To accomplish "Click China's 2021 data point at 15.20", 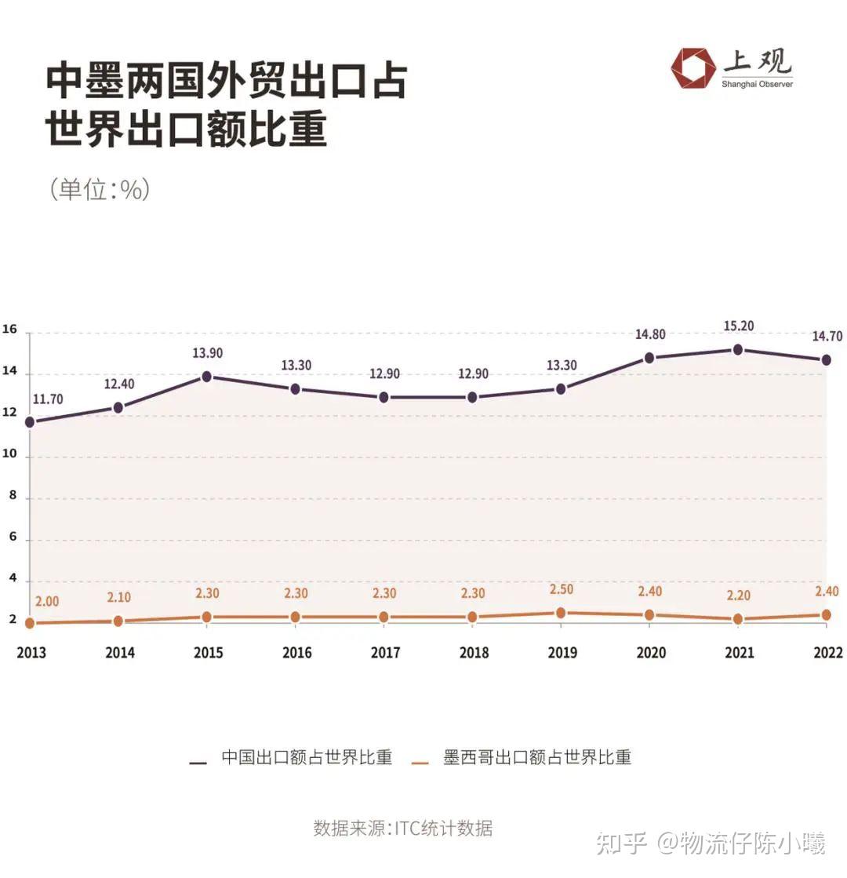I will click(738, 349).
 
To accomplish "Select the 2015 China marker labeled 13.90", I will click(207, 376).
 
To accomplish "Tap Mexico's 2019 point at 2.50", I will click(561, 613).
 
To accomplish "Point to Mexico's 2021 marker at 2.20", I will click(738, 619).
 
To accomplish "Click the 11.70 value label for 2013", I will click(48, 399).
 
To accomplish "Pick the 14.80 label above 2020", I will click(650, 334).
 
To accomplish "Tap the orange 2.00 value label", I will click(46, 601).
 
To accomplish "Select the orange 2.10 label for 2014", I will click(118, 598).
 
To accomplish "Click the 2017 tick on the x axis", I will click(385, 653).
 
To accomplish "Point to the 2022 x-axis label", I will click(827, 653).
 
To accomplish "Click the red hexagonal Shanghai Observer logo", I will click(693, 69).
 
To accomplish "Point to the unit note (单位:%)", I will click(99, 190).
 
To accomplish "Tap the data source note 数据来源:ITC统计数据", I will click(403, 828).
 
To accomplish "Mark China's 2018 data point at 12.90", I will click(472, 397).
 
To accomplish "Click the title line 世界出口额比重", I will click(186, 130).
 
